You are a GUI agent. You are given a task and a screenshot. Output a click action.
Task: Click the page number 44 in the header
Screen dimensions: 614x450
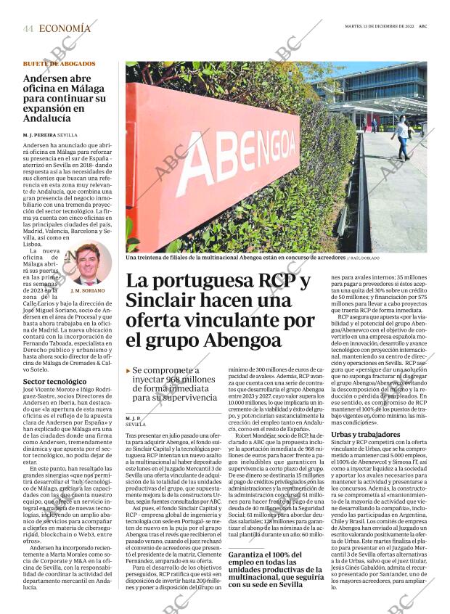(28, 28)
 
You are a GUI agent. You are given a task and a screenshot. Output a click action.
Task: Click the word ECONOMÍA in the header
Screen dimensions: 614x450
(65, 28)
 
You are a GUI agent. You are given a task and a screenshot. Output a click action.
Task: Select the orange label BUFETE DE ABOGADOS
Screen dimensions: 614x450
(59, 64)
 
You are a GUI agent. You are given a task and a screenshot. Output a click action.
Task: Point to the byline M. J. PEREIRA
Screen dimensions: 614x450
(39, 135)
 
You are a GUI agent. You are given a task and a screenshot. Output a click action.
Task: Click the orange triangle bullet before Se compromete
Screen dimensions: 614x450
(128, 371)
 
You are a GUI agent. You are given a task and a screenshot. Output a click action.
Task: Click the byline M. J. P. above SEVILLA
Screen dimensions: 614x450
(133, 418)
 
